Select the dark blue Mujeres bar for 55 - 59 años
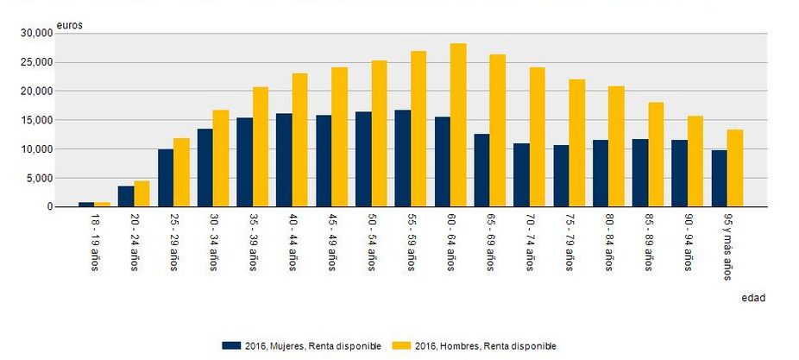click(403, 159)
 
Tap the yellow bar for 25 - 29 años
click(181, 173)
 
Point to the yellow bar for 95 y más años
click(735, 168)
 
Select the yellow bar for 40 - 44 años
click(300, 140)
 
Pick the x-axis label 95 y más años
click(727, 249)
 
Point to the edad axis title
click(753, 298)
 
